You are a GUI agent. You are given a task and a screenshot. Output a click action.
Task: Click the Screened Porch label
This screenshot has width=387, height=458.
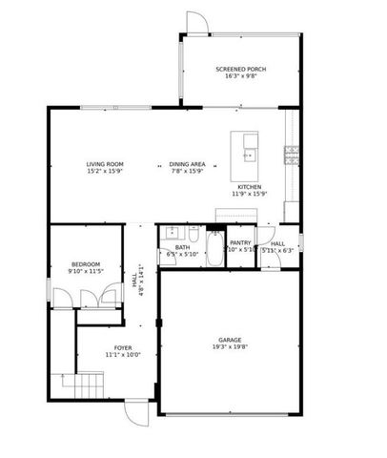pos(240,70)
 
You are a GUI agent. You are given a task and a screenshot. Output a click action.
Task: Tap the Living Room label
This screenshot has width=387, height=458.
pos(106,165)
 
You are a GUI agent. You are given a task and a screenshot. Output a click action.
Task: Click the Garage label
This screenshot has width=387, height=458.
pos(229,340)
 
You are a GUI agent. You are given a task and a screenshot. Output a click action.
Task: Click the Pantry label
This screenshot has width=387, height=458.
pos(240,243)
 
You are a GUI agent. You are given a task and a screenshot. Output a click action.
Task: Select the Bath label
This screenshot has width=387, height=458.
pos(182,248)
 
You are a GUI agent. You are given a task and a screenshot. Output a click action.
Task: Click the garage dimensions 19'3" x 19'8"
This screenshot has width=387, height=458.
pos(229,347)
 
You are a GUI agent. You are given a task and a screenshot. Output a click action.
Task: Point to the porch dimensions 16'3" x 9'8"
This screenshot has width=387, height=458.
pos(240,77)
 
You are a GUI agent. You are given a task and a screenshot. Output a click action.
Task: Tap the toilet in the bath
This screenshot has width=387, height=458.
pos(193,234)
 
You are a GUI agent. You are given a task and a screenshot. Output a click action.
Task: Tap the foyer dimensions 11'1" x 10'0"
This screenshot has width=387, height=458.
pos(123,355)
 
